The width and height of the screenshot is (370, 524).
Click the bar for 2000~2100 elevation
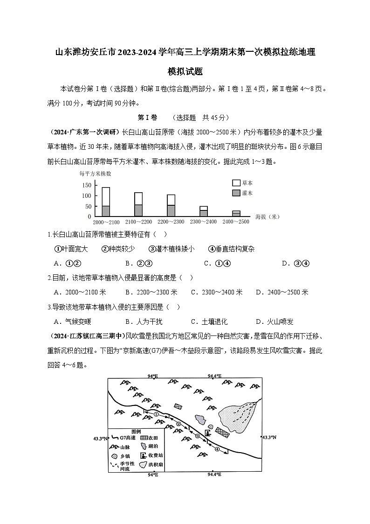tap(106, 202)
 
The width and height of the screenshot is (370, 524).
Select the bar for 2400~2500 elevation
tap(236, 214)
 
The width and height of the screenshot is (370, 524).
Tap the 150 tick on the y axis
tap(86, 185)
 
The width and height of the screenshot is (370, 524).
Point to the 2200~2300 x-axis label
tap(171, 222)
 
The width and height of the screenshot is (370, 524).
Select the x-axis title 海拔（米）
tap(267, 216)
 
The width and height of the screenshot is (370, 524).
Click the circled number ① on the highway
tap(157, 413)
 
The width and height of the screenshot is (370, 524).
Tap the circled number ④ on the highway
tap(217, 449)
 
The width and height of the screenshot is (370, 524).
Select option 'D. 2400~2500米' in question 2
tap(281, 292)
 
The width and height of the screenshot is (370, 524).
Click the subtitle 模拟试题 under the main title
tap(185, 72)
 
